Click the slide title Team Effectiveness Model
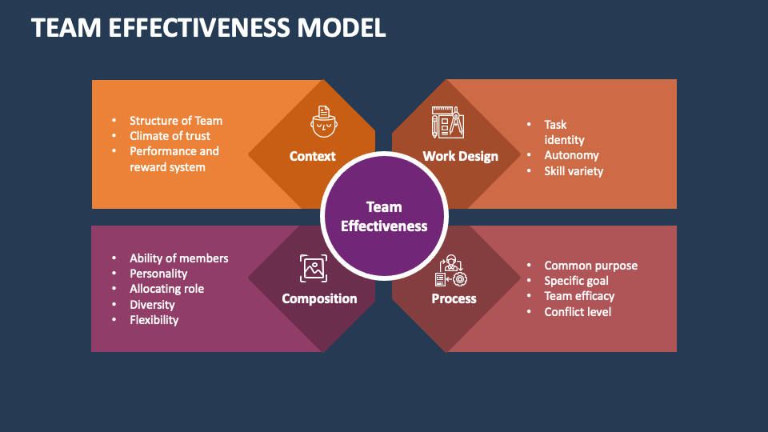tap(209, 27)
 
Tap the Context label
tap(312, 156)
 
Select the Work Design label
tap(460, 156)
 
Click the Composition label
tap(319, 298)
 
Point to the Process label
tap(454, 298)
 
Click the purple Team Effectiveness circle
tap(384, 216)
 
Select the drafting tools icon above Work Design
tap(448, 122)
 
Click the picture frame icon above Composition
tap(313, 269)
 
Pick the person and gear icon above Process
tap(450, 270)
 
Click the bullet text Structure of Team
tap(176, 121)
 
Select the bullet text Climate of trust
tap(170, 136)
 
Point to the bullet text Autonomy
tap(571, 155)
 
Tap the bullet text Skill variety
tap(574, 170)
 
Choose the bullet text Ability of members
tap(178, 258)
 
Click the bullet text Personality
tap(158, 274)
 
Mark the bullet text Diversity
tap(152, 305)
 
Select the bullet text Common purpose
tap(590, 266)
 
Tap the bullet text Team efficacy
tap(579, 296)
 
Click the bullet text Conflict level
tap(578, 311)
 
